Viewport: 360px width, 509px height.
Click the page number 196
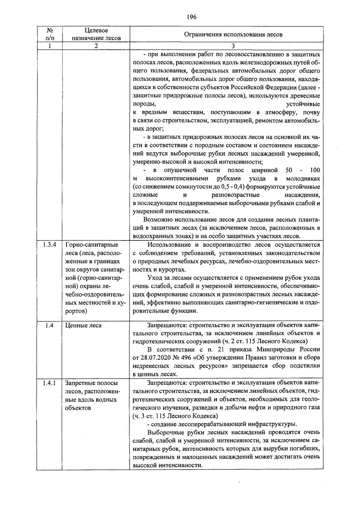coord(191,17)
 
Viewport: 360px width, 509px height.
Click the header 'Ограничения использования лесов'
coord(233,34)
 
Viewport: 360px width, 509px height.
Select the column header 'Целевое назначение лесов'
coord(96,34)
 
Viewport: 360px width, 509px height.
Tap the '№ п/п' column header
coord(50,34)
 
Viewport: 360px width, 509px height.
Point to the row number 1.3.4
coord(49,245)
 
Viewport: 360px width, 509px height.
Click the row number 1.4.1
coord(49,383)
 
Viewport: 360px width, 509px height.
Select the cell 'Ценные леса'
coord(83,325)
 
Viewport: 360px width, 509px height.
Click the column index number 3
coord(233,46)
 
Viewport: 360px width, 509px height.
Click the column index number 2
coord(96,46)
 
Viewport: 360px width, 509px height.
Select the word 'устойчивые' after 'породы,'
coord(303,104)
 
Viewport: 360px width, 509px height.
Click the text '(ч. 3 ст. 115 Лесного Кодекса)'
coord(175,416)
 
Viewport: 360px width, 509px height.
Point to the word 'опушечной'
coord(180,170)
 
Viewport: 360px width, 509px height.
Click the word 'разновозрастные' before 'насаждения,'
coord(235,195)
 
